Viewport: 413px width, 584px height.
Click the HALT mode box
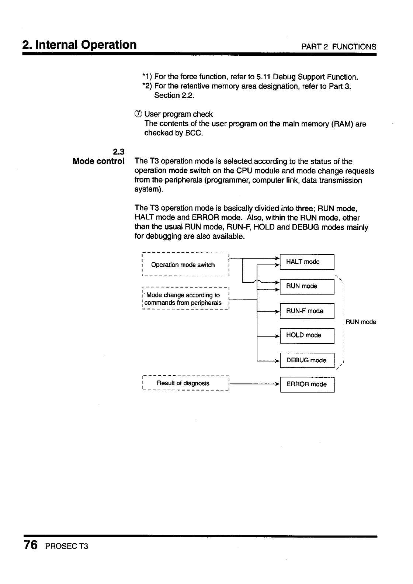[307, 262]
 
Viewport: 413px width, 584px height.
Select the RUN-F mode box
[307, 311]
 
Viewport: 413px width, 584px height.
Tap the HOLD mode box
[307, 335]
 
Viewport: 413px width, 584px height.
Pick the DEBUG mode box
[307, 360]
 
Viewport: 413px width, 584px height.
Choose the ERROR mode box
[307, 384]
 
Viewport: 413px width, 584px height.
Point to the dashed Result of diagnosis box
[185, 383]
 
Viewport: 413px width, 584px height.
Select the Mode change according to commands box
[185, 299]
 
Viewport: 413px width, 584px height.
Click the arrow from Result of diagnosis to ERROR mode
[254, 384]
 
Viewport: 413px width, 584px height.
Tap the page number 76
[31, 545]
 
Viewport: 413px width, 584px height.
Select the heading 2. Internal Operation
[79, 45]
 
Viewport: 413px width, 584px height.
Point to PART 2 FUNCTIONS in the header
[339, 47]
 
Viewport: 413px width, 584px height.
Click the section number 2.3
[119, 151]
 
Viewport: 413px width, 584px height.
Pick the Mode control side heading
[98, 161]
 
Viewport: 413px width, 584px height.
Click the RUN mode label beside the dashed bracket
[361, 322]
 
